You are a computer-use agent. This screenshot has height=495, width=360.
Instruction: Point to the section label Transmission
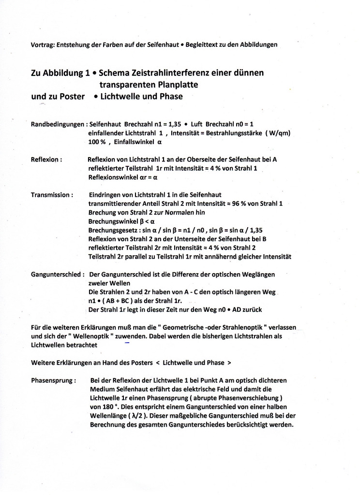[52, 195]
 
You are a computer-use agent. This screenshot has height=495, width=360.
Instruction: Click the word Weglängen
[258, 274]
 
